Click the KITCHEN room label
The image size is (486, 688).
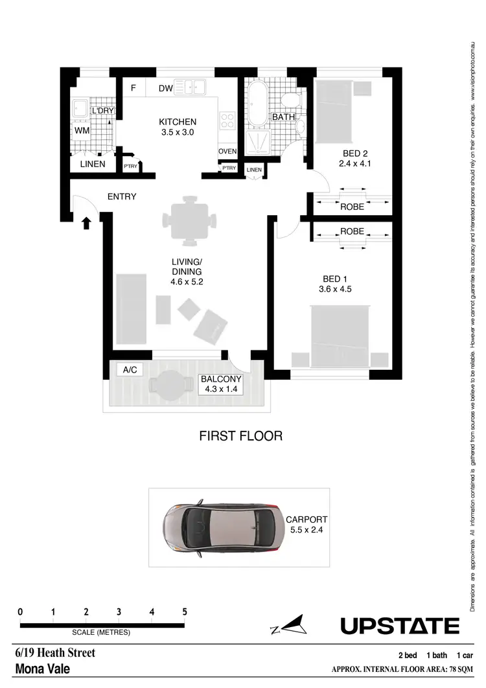click(178, 122)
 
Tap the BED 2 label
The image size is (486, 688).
click(355, 154)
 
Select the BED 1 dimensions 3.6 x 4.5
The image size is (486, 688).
click(336, 290)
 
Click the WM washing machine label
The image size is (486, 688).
click(82, 131)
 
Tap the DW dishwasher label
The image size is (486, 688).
click(165, 88)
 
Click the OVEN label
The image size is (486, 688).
click(227, 152)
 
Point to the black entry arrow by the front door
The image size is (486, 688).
click(86, 224)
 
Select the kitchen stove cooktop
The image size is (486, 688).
click(228, 120)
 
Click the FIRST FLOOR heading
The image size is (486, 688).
click(240, 435)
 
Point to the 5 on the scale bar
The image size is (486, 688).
click(185, 612)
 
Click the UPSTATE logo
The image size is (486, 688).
click(400, 626)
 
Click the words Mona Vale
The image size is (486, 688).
click(42, 669)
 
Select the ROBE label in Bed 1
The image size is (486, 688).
click(352, 231)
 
